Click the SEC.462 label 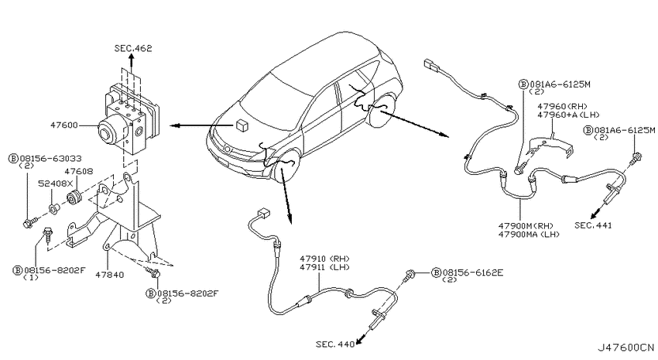click(x=133, y=48)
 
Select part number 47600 click(x=64, y=125)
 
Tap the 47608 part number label click(x=79, y=171)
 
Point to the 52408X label click(x=56, y=183)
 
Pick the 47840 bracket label click(x=109, y=275)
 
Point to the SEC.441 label click(x=593, y=225)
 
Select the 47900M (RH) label click(x=526, y=226)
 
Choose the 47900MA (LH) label click(x=529, y=235)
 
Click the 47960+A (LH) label click(x=569, y=115)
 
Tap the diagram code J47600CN click(x=625, y=348)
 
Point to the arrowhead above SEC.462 click(x=132, y=59)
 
